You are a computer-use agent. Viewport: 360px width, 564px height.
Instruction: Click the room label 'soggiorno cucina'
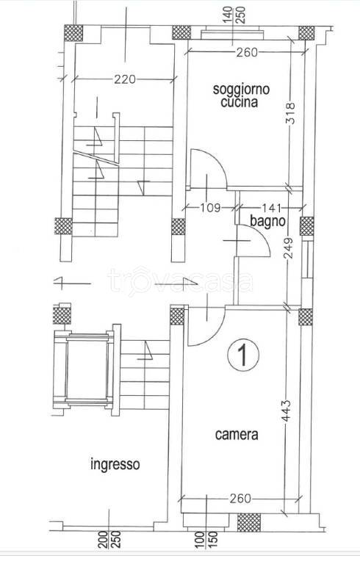click(x=241, y=95)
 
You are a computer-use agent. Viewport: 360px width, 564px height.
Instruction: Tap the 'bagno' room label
click(x=267, y=222)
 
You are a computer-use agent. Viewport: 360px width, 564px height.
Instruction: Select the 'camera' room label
click(x=237, y=435)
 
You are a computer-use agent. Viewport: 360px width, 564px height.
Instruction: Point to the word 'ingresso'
click(x=115, y=464)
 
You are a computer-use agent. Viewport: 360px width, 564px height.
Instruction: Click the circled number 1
click(x=243, y=355)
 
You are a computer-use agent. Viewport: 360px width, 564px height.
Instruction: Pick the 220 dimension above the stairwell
click(x=125, y=79)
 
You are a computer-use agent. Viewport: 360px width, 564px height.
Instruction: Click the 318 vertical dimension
click(x=290, y=114)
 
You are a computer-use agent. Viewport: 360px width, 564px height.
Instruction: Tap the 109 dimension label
click(x=210, y=208)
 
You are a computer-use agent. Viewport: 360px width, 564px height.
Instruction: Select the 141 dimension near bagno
click(x=270, y=208)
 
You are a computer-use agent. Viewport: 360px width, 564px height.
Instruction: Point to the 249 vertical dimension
click(x=289, y=247)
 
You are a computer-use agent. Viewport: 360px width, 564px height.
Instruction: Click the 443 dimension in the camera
click(x=287, y=411)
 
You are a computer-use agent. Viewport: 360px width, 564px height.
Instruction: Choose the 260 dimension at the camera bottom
click(x=240, y=499)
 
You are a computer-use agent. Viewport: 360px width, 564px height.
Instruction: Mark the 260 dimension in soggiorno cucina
click(x=247, y=53)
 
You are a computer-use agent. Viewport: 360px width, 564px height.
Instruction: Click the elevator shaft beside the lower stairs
click(x=87, y=370)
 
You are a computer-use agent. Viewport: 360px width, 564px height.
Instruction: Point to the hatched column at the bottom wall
click(x=249, y=523)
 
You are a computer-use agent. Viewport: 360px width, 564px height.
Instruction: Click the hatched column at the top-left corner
click(x=73, y=33)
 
